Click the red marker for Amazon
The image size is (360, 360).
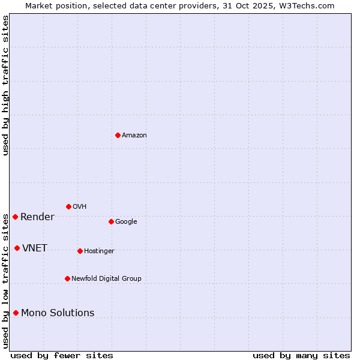118,135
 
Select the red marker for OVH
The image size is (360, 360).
68,206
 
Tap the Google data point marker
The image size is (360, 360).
111,221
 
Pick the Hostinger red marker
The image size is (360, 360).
80,251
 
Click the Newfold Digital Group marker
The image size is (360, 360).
67,278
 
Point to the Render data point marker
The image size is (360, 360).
15,217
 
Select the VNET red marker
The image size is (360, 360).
17,248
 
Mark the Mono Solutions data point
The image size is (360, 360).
16,313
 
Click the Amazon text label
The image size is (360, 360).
134,136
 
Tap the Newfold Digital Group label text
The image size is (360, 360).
106,278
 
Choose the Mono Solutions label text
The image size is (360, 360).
58,313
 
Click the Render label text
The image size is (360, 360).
37,217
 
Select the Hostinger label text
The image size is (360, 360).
99,251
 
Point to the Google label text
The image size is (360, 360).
126,222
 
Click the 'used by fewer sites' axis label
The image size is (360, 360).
62,355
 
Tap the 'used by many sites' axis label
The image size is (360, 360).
301,355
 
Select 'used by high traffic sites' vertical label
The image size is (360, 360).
5,85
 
